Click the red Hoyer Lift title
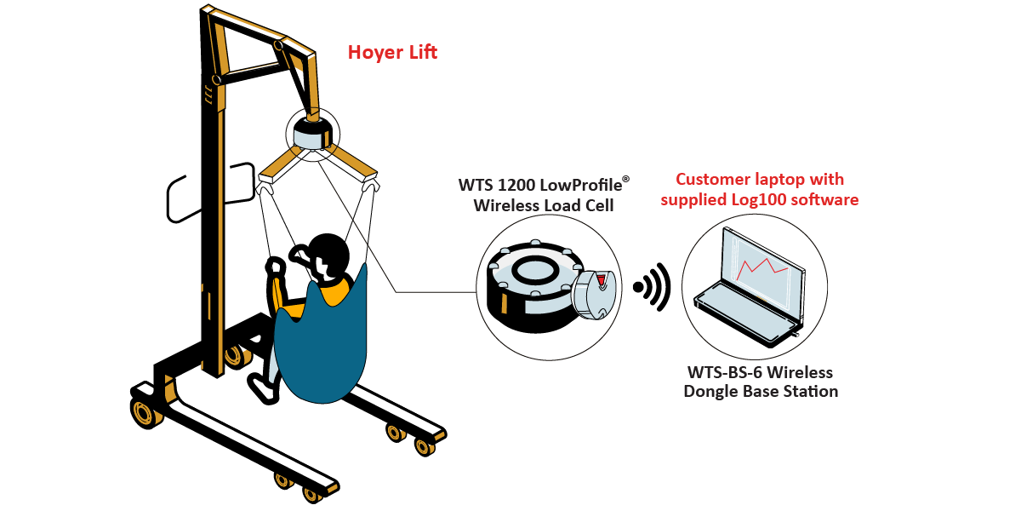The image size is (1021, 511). (392, 53)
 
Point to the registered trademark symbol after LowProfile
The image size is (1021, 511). (627, 179)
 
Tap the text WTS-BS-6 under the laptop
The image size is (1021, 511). (721, 373)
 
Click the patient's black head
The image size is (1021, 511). (330, 252)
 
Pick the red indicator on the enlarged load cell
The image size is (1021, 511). (602, 280)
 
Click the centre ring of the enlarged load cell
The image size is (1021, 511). (536, 270)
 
